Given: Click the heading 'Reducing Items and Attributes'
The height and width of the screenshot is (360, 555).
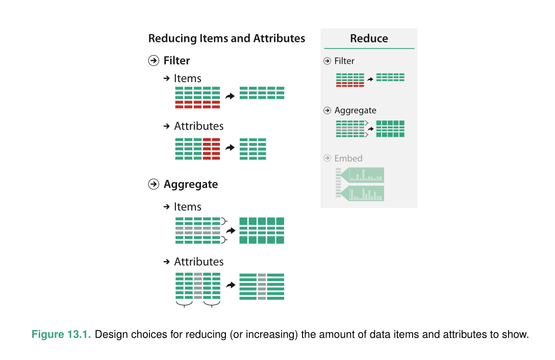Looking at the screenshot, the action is tap(226, 38).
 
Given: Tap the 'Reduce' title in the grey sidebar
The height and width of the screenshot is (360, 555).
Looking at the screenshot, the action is tap(369, 38).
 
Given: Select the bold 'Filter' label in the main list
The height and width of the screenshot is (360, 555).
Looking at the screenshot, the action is tap(176, 61).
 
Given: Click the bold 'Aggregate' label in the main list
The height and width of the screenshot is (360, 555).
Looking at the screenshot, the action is tap(191, 185).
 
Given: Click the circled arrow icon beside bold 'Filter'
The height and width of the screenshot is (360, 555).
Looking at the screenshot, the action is tap(154, 61).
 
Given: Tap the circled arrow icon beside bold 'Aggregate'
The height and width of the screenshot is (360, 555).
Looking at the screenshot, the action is tap(154, 184).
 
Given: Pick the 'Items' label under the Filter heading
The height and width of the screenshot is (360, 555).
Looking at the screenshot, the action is tap(188, 78).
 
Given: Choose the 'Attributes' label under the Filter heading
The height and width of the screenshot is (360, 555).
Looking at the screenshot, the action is tap(199, 126).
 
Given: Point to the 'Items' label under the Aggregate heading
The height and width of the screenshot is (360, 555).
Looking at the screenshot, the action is tap(188, 207).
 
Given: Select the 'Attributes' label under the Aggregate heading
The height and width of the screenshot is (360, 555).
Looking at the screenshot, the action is tap(199, 262).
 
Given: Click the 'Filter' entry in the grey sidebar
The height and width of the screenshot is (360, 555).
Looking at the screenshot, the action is tap(344, 61).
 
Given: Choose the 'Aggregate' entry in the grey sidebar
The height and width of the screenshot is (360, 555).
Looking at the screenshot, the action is tap(356, 111).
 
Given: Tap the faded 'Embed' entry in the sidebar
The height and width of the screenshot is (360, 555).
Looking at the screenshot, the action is tap(348, 158).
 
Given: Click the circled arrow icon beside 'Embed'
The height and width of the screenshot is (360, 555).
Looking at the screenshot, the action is tap(327, 158).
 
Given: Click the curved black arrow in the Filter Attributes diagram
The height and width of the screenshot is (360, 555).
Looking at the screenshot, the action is tap(230, 147).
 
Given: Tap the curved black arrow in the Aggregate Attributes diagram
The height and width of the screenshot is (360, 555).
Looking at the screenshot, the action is tap(231, 285).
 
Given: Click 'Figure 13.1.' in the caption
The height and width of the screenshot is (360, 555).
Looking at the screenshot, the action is tap(61, 334).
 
